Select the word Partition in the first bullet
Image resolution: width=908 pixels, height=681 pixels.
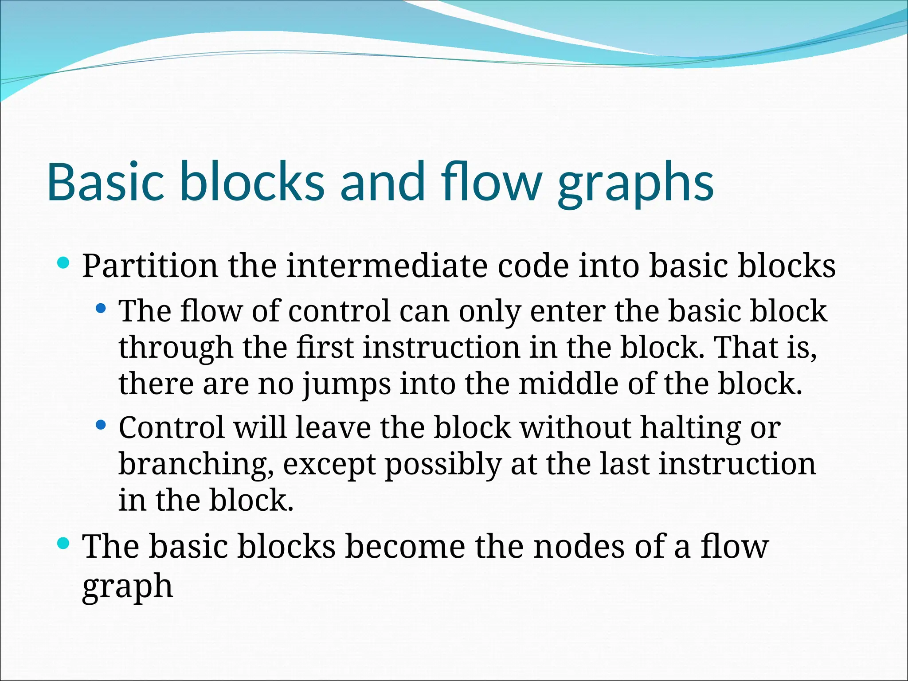coord(150,266)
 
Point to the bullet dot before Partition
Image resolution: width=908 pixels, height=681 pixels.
coord(63,263)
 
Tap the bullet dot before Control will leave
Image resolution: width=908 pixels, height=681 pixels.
coord(101,425)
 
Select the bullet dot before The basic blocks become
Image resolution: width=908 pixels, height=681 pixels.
coord(63,543)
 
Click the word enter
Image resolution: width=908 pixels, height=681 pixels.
coord(567,311)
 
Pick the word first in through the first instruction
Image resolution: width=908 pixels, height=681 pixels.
coord(325,347)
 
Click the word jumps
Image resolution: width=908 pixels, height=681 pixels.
coord(347,385)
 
